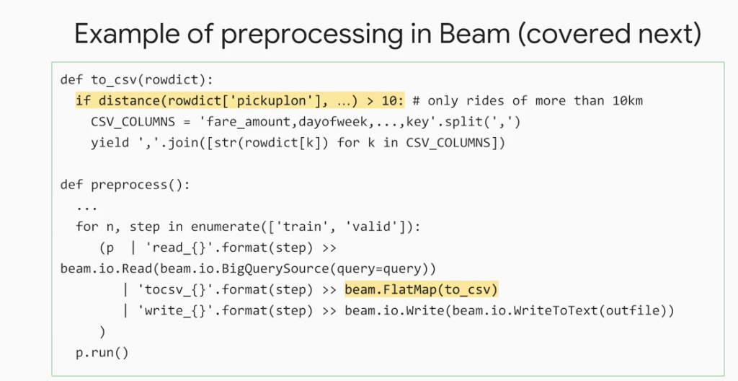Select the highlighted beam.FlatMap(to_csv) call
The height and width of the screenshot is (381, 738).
click(421, 289)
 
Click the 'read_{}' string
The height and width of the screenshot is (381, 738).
click(172, 248)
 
